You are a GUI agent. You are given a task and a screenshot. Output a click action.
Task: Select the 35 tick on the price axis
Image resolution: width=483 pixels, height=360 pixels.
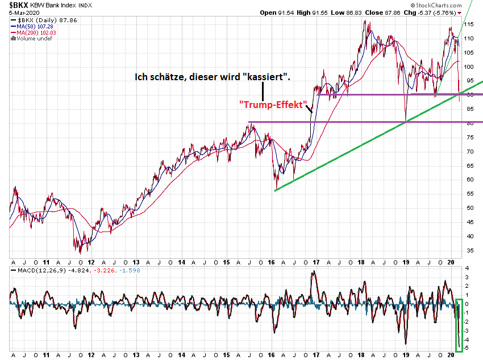(468, 250)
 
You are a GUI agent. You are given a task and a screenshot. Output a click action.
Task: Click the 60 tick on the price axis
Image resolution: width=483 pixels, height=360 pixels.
(468, 180)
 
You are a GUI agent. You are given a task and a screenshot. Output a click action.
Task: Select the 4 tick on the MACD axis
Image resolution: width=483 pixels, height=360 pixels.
(467, 268)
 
